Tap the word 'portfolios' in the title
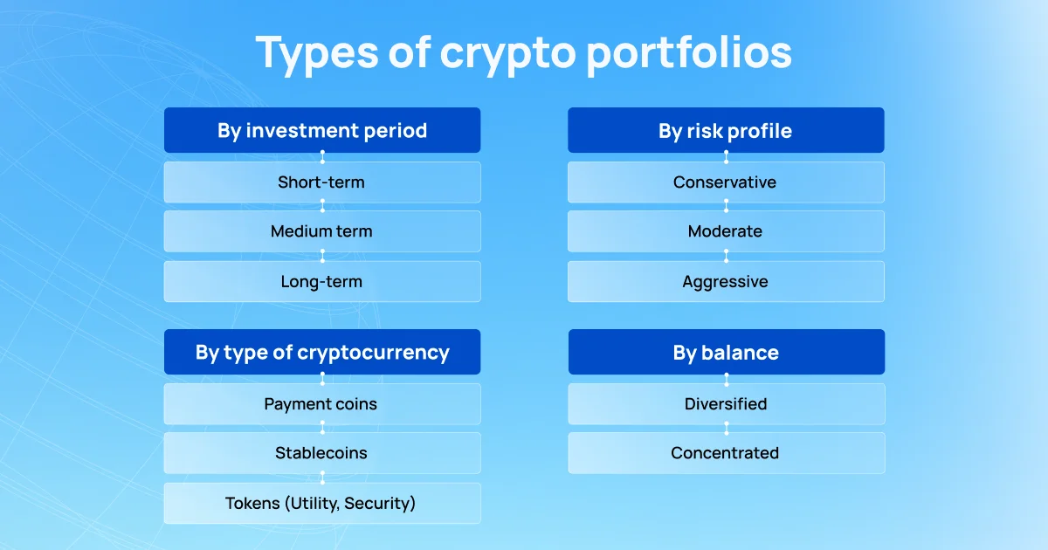pyautogui.click(x=689, y=53)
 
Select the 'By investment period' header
pyautogui.click(x=322, y=131)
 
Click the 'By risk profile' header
pyautogui.click(x=726, y=131)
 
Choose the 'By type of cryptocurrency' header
pyautogui.click(x=322, y=353)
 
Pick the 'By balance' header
pyautogui.click(x=726, y=353)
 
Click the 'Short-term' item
pyautogui.click(x=322, y=182)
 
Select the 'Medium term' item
pyautogui.click(x=322, y=231)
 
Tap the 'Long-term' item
pyautogui.click(x=322, y=282)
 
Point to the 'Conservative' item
pyautogui.click(x=726, y=182)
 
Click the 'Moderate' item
pyautogui.click(x=726, y=231)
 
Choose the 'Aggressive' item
pyautogui.click(x=726, y=282)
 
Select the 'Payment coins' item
pyautogui.click(x=322, y=404)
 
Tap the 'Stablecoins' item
pyautogui.click(x=322, y=453)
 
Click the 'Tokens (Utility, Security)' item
pyautogui.click(x=322, y=504)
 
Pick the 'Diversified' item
pyautogui.click(x=726, y=404)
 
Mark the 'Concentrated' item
pyautogui.click(x=726, y=453)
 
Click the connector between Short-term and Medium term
pyautogui.click(x=322, y=207)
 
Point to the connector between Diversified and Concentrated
pyautogui.click(x=726, y=429)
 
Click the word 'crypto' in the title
pyautogui.click(x=507, y=53)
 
